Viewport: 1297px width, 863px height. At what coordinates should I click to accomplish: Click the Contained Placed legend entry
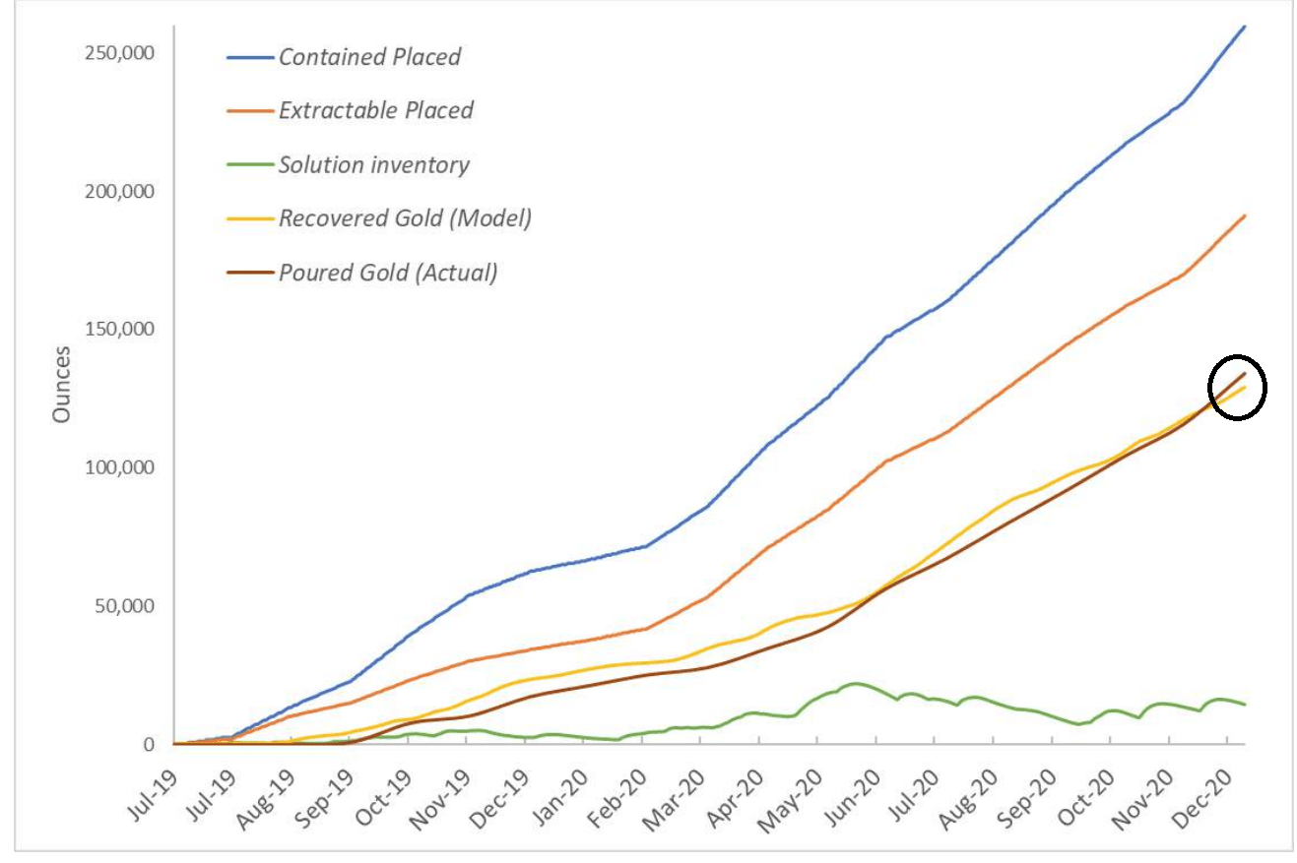pos(369,57)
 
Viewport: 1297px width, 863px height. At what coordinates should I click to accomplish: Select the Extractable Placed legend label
pos(375,110)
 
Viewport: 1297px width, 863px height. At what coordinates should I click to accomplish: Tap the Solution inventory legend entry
pos(373,164)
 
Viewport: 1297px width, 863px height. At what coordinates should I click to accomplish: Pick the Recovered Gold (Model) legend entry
pos(405,218)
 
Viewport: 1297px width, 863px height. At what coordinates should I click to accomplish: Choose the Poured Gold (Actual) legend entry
pos(387,273)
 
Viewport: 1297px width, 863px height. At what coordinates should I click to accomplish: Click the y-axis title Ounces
pos(62,384)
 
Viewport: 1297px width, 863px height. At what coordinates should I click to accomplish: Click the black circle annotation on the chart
pos(1237,387)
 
